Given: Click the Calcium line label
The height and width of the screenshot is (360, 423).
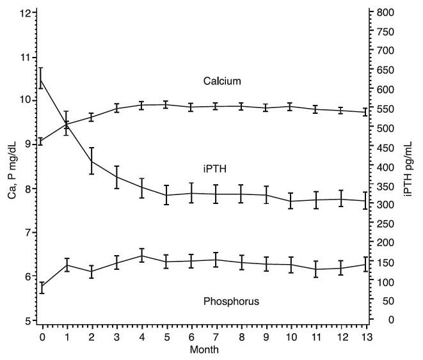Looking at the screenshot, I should pyautogui.click(x=221, y=81).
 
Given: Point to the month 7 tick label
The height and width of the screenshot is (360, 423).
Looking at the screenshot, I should pyautogui.click(x=216, y=336).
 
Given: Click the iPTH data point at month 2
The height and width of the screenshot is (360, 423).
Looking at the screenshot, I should pyautogui.click(x=92, y=161).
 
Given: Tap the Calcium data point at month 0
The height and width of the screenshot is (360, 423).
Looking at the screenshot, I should pyautogui.click(x=42, y=141).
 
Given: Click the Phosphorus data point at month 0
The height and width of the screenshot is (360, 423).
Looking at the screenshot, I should pyautogui.click(x=42, y=288).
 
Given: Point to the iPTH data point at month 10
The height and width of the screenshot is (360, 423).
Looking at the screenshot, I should pyautogui.click(x=291, y=201).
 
